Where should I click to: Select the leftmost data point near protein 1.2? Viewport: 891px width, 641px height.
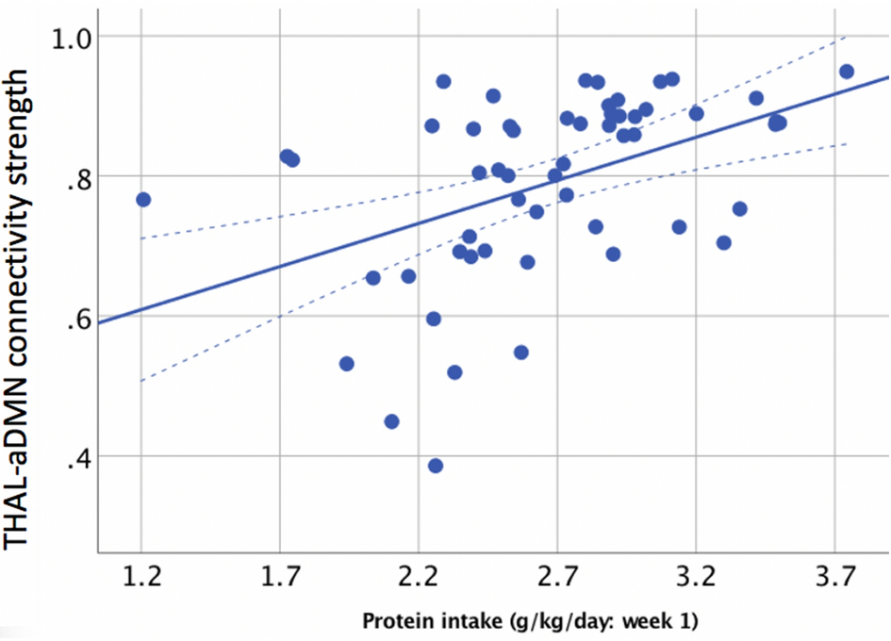143,199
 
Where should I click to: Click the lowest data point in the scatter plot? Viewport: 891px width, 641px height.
435,466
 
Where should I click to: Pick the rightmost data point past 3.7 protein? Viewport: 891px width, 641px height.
847,72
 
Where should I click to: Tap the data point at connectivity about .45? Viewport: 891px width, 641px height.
391,421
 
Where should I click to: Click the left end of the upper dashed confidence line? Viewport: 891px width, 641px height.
141,238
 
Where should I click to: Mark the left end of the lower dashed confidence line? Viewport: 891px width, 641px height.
141,381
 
